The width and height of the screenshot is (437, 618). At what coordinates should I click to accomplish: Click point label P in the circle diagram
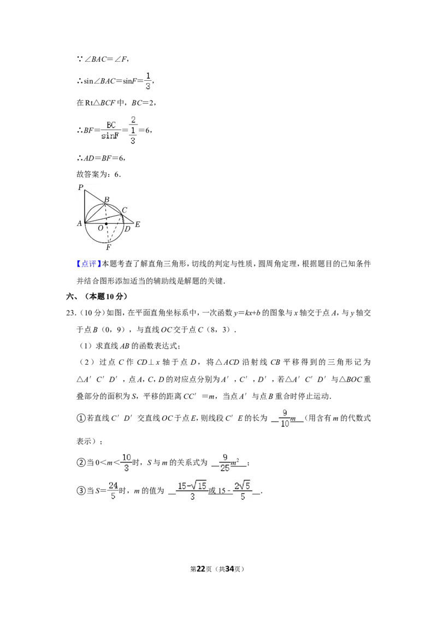pyautogui.click(x=80, y=188)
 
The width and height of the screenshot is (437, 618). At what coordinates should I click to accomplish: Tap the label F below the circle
pyautogui.click(x=109, y=247)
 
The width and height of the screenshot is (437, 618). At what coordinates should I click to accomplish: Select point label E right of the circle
pyautogui.click(x=138, y=224)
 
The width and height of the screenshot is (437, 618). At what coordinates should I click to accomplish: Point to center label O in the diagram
pyautogui.click(x=100, y=228)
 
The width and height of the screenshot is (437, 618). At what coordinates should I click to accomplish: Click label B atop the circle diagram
pyautogui.click(x=107, y=200)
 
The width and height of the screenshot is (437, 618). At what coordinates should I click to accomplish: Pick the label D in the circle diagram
pyautogui.click(x=127, y=229)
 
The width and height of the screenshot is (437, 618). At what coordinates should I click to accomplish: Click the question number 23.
pyautogui.click(x=70, y=313)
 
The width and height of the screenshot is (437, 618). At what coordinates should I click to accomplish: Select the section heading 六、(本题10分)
pyautogui.click(x=97, y=296)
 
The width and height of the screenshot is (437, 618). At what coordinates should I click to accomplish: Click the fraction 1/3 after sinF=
pyautogui.click(x=148, y=81)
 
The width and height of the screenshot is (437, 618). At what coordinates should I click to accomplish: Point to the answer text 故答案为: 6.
pyautogui.click(x=99, y=174)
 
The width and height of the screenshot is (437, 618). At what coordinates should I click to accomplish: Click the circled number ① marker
pyautogui.click(x=81, y=418)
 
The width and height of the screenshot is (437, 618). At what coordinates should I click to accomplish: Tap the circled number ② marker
pyautogui.click(x=81, y=463)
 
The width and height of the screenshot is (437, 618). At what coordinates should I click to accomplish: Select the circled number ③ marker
pyautogui.click(x=81, y=491)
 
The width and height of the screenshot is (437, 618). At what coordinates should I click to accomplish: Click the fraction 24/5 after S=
pyautogui.click(x=113, y=491)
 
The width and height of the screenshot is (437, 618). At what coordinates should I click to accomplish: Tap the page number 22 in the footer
pyautogui.click(x=201, y=569)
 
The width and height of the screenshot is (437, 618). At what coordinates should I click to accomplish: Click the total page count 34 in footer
pyautogui.click(x=230, y=569)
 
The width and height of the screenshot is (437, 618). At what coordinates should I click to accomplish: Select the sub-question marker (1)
pyautogui.click(x=86, y=346)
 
